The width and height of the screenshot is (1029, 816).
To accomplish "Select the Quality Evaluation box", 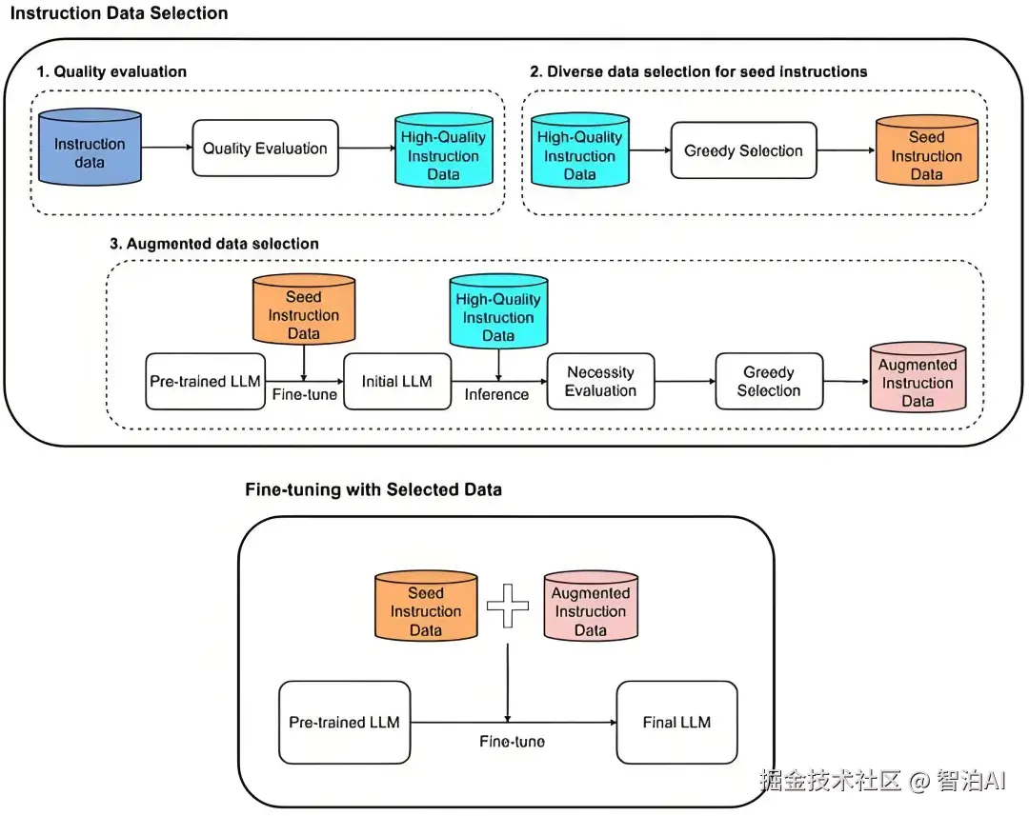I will [265, 149].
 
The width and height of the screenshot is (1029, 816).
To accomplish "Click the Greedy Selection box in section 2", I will [743, 150].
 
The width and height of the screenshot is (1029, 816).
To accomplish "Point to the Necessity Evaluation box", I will [600, 382].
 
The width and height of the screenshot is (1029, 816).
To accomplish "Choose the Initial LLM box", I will [396, 382].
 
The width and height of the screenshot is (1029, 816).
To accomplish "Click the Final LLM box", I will [676, 722].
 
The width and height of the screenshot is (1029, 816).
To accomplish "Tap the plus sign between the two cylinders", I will [508, 606].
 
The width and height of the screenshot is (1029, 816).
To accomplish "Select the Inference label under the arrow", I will [496, 395].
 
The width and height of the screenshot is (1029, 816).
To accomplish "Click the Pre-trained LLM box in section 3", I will [205, 382].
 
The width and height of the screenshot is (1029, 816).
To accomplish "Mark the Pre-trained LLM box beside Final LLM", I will [344, 722].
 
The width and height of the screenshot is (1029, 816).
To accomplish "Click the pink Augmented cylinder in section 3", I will [918, 378].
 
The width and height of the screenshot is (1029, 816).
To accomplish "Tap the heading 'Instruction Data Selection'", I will [119, 13].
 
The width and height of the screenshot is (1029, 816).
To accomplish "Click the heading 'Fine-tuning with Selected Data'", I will [373, 490].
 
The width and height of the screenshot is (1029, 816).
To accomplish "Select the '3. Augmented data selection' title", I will [214, 244].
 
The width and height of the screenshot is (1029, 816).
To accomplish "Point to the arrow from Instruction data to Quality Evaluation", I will [167, 148].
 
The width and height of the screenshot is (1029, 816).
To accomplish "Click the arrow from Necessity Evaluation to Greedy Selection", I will [685, 382].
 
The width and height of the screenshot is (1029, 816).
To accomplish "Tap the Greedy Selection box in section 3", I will [768, 382].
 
